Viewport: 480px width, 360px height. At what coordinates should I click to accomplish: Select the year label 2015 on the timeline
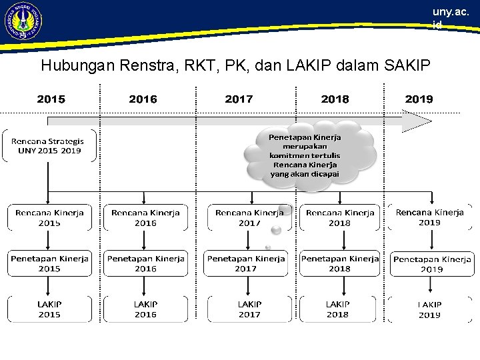(x=51, y=99)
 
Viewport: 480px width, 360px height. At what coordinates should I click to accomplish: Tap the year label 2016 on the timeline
(x=143, y=99)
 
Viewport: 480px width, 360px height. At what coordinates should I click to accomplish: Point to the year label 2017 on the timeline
(x=239, y=99)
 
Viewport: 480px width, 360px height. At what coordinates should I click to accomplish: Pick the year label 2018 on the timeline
(x=335, y=99)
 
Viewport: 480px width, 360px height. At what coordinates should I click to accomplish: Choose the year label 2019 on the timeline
(x=419, y=99)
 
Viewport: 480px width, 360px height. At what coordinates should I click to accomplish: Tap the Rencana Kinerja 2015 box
(x=49, y=217)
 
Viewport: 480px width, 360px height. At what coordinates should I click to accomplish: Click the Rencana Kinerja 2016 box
(x=145, y=217)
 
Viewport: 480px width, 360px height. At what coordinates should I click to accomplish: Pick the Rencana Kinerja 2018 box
(x=339, y=217)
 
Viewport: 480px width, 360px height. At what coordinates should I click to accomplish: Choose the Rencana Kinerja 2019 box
(x=430, y=217)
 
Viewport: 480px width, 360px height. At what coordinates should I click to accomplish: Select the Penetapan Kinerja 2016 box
(x=145, y=263)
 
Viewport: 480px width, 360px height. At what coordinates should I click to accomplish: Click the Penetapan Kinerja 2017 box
(x=246, y=263)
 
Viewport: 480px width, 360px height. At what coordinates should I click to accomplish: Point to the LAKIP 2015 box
(x=49, y=309)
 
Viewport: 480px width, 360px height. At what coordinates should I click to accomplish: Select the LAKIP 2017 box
(x=249, y=309)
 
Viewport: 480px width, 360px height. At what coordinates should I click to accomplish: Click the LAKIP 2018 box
(x=337, y=309)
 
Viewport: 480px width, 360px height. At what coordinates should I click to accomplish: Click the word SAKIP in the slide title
(x=407, y=65)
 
